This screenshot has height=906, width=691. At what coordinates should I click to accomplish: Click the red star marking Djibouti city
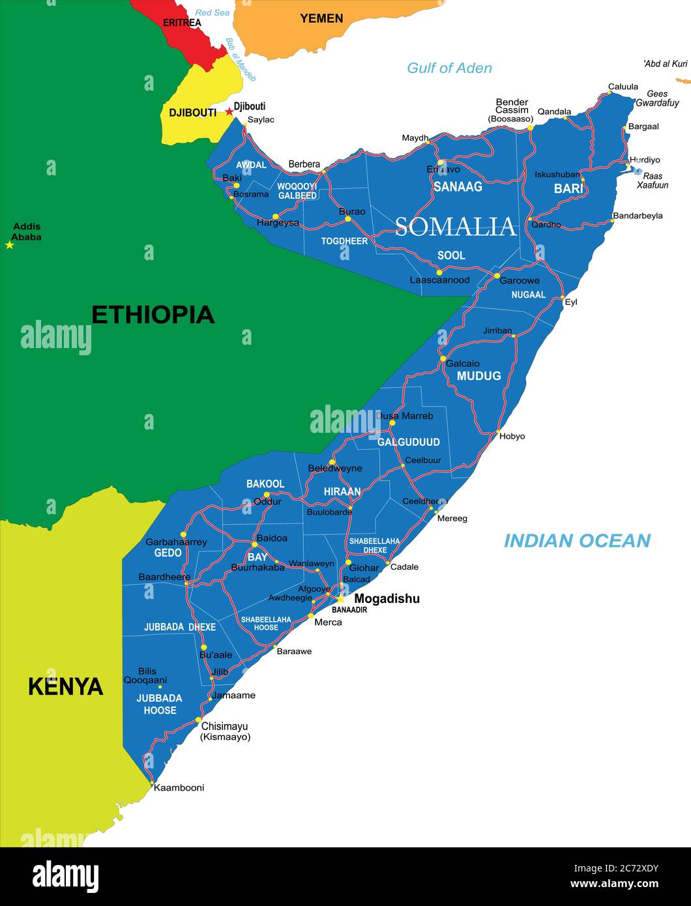coord(229,111)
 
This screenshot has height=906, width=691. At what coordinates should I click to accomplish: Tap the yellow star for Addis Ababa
coord(9,245)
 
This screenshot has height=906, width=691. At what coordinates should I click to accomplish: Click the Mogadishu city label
coord(387,598)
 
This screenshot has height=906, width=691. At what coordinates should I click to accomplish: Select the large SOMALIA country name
coord(455,226)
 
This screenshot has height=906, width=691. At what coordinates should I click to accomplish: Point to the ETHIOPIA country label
coord(153,315)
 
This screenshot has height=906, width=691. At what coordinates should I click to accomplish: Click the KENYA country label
coord(65,686)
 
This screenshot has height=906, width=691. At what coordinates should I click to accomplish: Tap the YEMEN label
coord(321,18)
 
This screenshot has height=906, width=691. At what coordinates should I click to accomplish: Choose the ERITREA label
coord(182,23)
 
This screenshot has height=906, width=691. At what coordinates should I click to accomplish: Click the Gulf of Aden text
coord(449,68)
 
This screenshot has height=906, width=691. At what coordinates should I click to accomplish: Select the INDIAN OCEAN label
coord(577,540)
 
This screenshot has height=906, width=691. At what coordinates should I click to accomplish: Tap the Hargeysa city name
coord(278,223)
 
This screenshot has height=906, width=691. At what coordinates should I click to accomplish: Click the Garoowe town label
coord(520,280)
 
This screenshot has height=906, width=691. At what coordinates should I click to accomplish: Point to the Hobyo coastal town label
coord(512,436)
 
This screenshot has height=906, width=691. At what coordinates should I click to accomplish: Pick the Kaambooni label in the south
coord(179,787)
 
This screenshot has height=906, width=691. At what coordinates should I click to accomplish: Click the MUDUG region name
coord(478,376)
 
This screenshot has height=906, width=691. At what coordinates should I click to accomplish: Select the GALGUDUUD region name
coord(408,442)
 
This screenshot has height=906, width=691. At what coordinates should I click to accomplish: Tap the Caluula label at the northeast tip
coord(623,87)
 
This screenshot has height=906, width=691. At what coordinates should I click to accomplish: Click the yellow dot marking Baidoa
coord(254,544)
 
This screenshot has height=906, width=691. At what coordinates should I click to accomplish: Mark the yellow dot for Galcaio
coord(443,358)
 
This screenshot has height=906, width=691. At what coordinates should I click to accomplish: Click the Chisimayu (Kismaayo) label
coord(225,731)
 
